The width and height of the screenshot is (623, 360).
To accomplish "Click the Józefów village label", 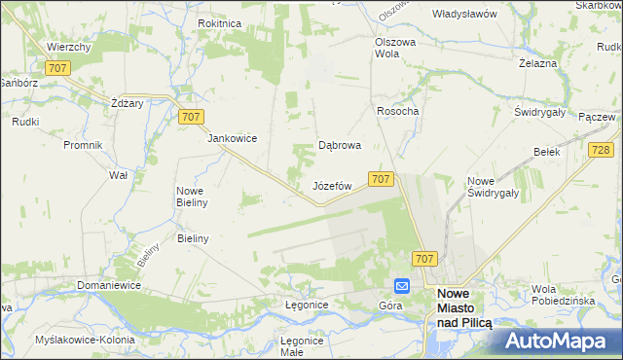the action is [x=331, y=185].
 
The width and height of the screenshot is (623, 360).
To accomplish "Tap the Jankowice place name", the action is [x=232, y=138].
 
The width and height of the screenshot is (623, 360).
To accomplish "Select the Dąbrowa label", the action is [x=341, y=145].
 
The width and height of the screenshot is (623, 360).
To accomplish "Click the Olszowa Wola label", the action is [x=396, y=48].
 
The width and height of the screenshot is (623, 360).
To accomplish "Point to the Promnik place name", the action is [x=83, y=145].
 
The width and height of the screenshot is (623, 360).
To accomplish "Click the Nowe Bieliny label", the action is [x=190, y=197].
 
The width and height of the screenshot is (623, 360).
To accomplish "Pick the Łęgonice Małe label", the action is [x=302, y=346].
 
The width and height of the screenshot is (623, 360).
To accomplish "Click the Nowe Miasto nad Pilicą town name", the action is [x=465, y=307].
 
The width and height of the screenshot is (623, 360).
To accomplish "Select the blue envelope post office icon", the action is [x=402, y=286].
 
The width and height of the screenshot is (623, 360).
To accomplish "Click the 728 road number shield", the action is [x=601, y=149].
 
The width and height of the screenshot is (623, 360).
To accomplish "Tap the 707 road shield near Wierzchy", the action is [x=56, y=67].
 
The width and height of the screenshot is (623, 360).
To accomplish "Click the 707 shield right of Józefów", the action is [x=382, y=179].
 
